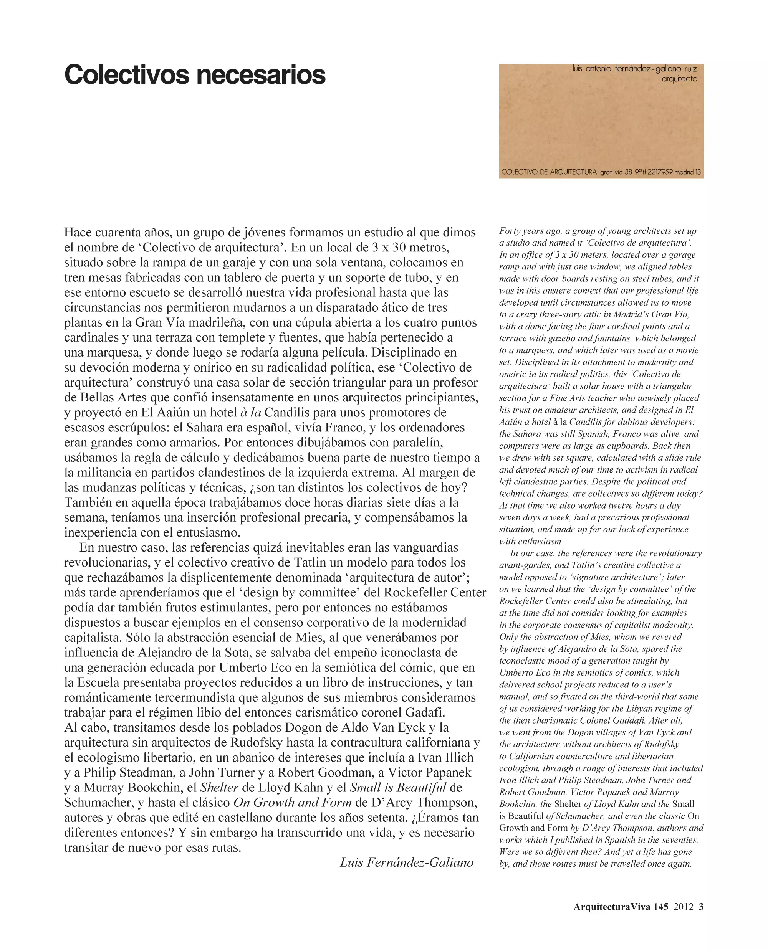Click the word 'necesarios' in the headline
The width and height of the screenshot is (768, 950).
tap(261, 75)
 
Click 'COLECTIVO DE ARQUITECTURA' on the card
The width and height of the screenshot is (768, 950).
tap(549, 172)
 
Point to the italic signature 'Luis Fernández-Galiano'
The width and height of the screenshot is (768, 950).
tap(406, 862)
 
